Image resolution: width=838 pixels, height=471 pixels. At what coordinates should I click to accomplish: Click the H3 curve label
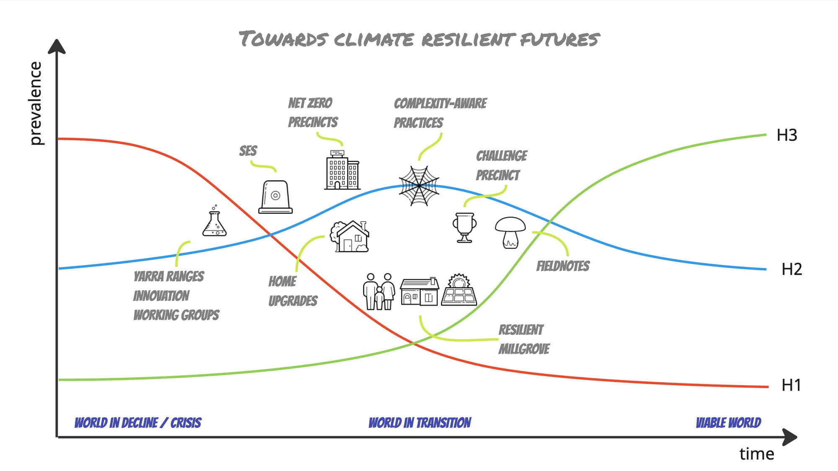(x=786, y=135)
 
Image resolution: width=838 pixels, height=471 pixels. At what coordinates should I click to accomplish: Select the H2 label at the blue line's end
(x=791, y=269)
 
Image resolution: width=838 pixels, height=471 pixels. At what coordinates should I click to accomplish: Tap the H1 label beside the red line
(x=791, y=385)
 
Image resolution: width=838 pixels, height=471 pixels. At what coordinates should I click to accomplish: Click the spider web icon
(x=419, y=186)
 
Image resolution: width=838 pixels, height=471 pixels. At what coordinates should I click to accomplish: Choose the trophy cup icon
(x=465, y=227)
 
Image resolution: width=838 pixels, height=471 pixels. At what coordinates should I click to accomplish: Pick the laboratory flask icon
(x=215, y=222)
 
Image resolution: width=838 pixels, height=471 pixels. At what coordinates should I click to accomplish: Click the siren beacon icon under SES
(x=275, y=197)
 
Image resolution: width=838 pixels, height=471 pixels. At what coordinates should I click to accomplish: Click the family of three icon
(x=379, y=291)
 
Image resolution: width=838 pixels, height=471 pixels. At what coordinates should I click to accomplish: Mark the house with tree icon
(x=350, y=237)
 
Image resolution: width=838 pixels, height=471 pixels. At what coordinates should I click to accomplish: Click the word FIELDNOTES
(x=563, y=266)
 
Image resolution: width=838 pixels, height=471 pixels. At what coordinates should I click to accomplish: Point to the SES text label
(x=248, y=151)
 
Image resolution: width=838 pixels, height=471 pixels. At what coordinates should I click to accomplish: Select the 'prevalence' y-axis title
(x=36, y=103)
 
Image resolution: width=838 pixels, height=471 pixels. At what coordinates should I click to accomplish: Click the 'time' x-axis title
(x=756, y=454)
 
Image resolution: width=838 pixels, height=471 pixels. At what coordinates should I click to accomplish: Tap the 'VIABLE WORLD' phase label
(x=728, y=422)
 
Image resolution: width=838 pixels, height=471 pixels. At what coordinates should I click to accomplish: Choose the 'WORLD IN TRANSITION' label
(x=419, y=422)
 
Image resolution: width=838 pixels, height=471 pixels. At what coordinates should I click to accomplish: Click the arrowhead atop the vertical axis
(x=57, y=46)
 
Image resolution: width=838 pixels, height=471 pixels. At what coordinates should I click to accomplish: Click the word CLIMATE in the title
(x=374, y=40)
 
